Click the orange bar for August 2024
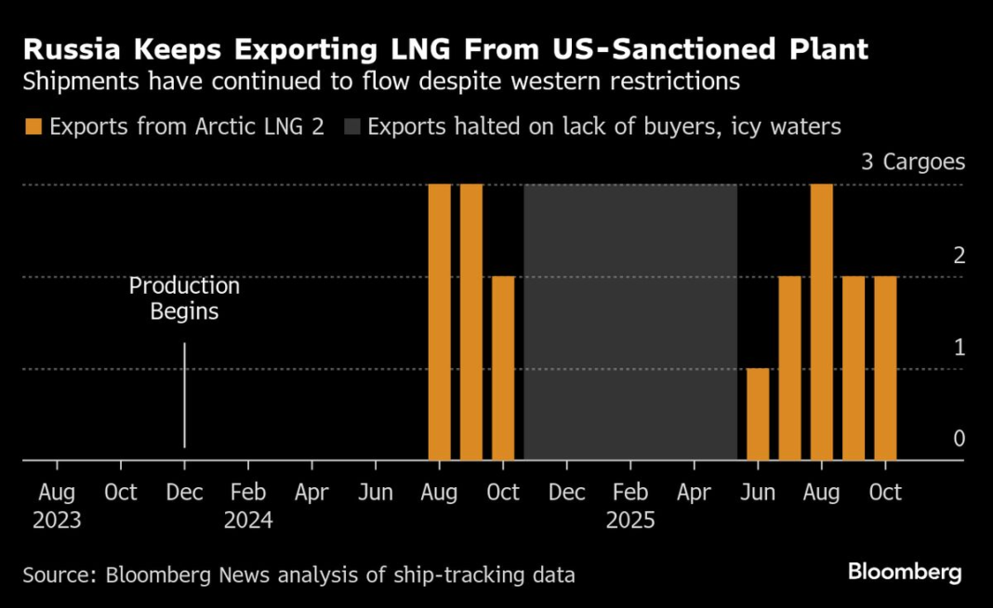click(x=439, y=321)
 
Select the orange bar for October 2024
click(x=503, y=367)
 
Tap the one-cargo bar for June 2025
click(x=758, y=414)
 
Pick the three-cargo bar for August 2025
click(x=821, y=321)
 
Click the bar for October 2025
click(x=885, y=367)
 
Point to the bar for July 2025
click(x=789, y=367)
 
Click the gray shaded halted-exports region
click(x=630, y=321)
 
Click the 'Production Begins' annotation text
click(x=184, y=298)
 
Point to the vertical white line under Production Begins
click(x=184, y=395)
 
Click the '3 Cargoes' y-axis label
click(x=913, y=163)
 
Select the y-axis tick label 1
click(x=960, y=347)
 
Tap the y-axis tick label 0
click(x=960, y=439)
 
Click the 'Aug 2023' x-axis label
click(x=57, y=505)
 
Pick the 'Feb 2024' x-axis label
click(x=248, y=505)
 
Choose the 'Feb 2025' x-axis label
click(x=630, y=505)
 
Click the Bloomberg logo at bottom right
click(x=905, y=572)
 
